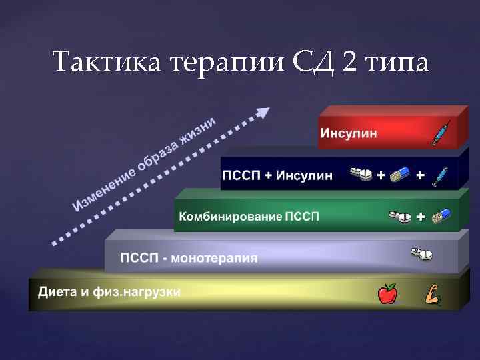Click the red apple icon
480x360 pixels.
pyautogui.click(x=387, y=293)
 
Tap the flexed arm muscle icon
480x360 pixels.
pyautogui.click(x=431, y=294)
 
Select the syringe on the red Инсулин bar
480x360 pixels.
pyautogui.click(x=441, y=133)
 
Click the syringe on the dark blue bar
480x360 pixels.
pyautogui.click(x=440, y=175)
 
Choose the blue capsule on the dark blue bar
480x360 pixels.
pyautogui.click(x=399, y=175)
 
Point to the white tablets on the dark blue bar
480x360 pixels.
pyautogui.click(x=361, y=175)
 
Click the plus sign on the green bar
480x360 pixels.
pyautogui.click(x=420, y=217)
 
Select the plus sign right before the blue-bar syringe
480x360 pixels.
pyautogui.click(x=420, y=175)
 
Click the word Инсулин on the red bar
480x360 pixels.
pyautogui.click(x=349, y=132)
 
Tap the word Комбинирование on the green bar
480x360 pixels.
pyautogui.click(x=231, y=217)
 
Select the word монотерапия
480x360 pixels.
pyautogui.click(x=215, y=257)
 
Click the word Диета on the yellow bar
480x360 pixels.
pyautogui.click(x=55, y=292)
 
